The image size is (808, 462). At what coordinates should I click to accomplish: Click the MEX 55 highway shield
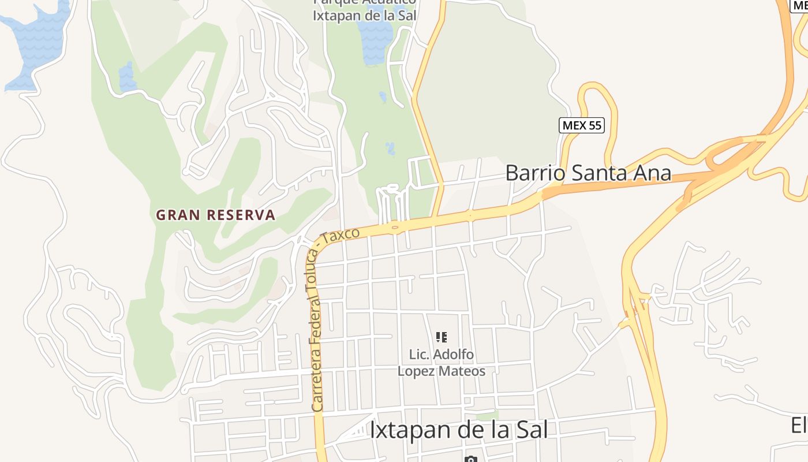582,125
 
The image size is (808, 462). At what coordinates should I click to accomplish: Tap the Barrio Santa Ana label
588,173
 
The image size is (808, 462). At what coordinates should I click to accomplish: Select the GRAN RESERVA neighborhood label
215,215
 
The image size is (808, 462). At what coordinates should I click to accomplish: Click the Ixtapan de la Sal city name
458,430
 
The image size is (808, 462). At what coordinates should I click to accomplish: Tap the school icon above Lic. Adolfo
442,337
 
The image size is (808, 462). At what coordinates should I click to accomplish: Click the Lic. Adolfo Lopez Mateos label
442,363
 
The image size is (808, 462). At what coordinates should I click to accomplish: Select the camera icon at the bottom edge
470,459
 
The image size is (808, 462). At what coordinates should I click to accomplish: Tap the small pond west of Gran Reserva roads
127,76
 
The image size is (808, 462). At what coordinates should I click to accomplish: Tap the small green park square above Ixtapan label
488,415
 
